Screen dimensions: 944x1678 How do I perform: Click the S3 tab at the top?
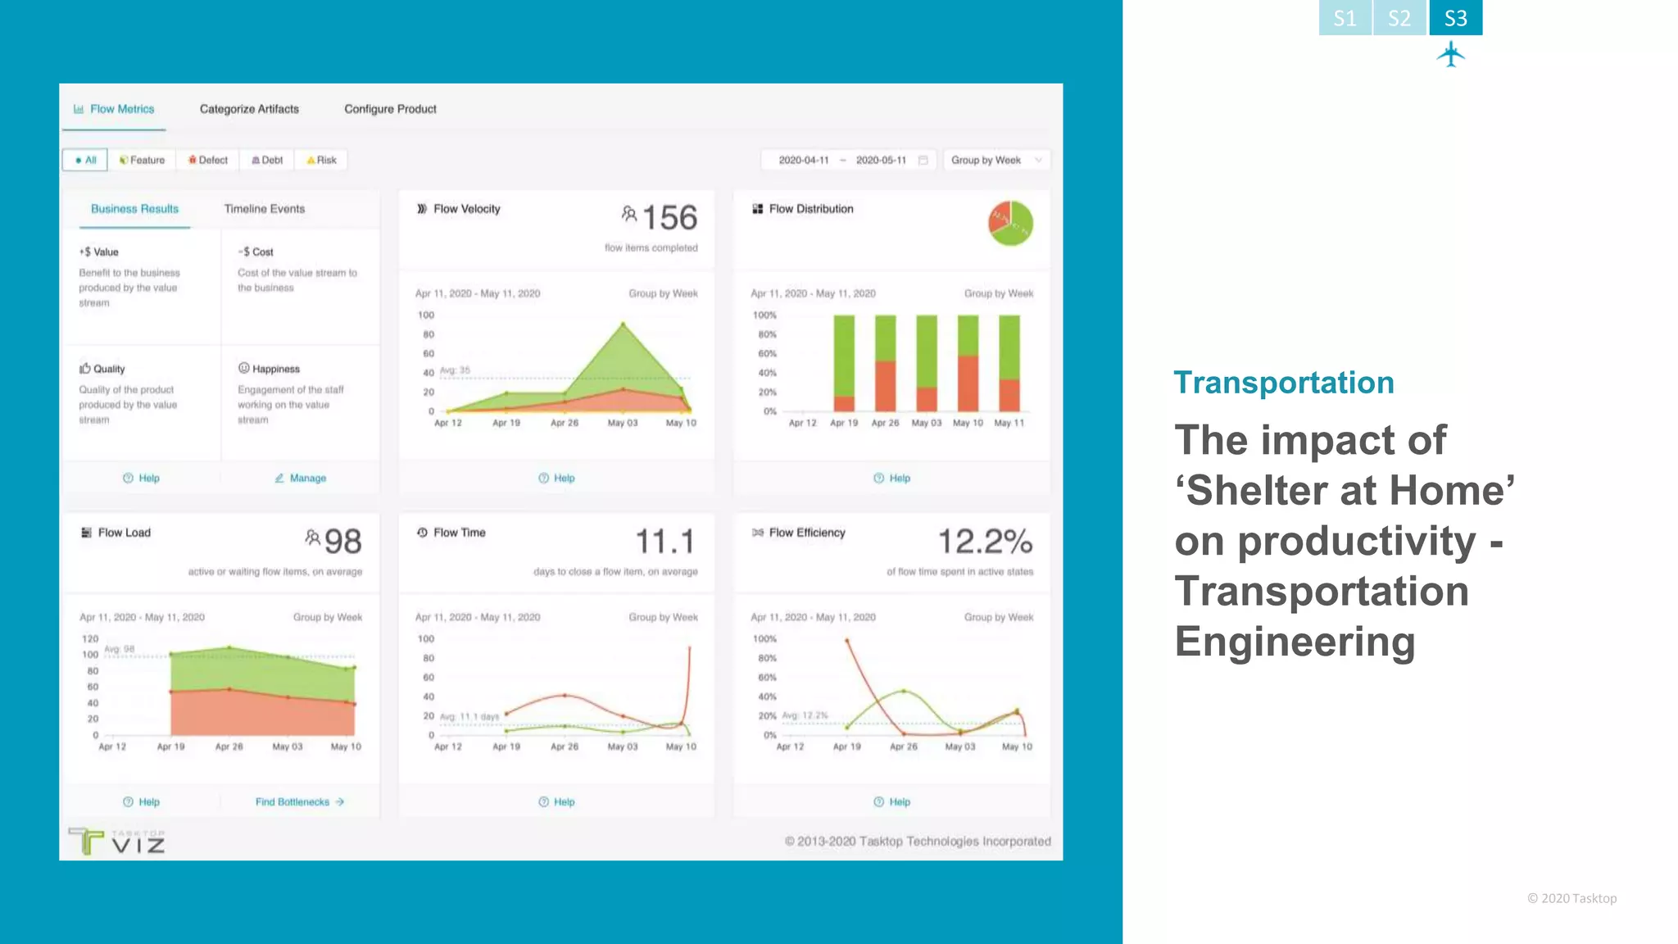(x=1455, y=18)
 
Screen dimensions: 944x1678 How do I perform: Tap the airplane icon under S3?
(x=1451, y=54)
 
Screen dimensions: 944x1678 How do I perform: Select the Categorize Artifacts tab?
(x=249, y=109)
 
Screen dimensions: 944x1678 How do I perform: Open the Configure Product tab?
(x=390, y=109)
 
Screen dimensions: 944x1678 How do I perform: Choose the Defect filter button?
(x=208, y=160)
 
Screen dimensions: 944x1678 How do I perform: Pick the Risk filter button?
(x=322, y=160)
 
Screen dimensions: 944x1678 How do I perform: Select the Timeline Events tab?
(x=264, y=209)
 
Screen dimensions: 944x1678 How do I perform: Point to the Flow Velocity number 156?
(x=669, y=218)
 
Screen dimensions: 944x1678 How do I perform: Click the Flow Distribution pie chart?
(x=1010, y=223)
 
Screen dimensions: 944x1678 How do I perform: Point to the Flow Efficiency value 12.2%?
(x=984, y=542)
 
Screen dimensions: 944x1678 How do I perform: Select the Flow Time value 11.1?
(x=664, y=542)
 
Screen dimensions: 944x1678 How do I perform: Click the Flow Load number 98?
(x=342, y=542)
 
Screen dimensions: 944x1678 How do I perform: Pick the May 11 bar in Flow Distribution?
(x=1009, y=363)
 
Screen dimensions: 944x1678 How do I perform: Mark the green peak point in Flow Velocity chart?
(x=624, y=325)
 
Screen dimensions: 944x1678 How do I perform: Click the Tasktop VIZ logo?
(x=117, y=842)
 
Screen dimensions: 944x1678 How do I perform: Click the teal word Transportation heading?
(x=1283, y=383)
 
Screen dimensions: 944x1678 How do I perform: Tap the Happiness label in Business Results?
(x=275, y=369)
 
